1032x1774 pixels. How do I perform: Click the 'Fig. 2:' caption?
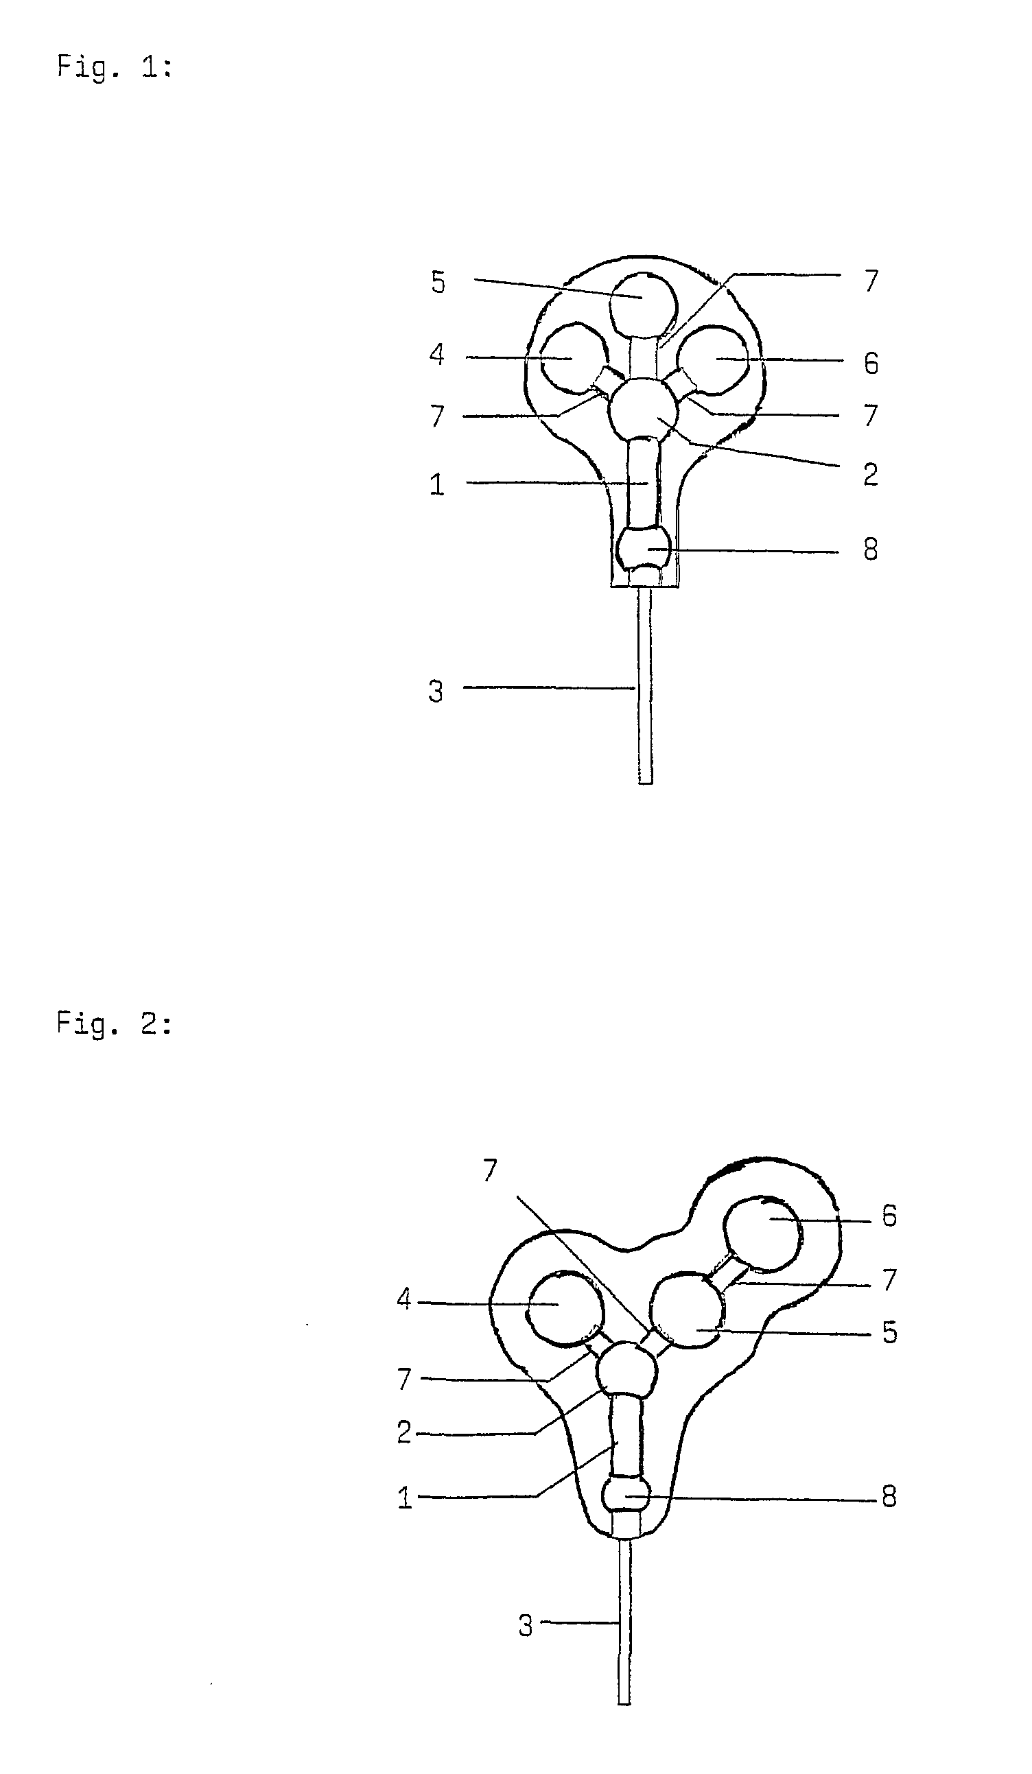pyautogui.click(x=114, y=1024)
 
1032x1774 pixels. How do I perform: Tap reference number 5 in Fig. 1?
pyautogui.click(x=438, y=283)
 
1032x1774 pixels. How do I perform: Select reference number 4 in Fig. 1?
pyautogui.click(x=437, y=355)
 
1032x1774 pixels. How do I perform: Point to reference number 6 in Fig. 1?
pyautogui.click(x=871, y=364)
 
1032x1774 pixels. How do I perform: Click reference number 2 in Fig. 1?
pyautogui.click(x=871, y=475)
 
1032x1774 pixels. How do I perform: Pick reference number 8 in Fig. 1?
pyautogui.click(x=871, y=549)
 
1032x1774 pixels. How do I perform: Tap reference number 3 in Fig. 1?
pyautogui.click(x=436, y=691)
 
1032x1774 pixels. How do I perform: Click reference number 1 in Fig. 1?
pyautogui.click(x=436, y=485)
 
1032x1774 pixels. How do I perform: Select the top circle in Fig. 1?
pyautogui.click(x=643, y=304)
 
